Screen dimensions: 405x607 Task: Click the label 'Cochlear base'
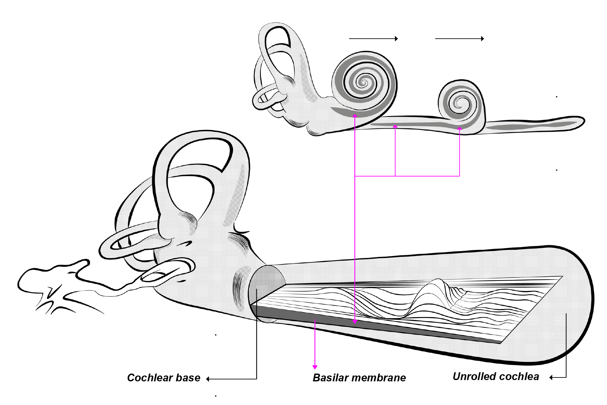163,378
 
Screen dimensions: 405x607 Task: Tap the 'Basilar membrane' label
359,378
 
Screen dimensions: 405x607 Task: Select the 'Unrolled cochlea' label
496,376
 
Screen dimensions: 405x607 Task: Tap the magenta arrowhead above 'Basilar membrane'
315,367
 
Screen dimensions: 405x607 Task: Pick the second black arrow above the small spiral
459,39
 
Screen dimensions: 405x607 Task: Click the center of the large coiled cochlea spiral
364,82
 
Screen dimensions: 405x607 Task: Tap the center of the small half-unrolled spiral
459,104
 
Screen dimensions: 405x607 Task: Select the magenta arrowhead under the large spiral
355,116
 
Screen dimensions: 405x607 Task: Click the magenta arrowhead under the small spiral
459,129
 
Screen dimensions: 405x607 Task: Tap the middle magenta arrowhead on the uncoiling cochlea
395,126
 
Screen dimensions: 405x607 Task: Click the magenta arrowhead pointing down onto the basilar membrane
355,322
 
